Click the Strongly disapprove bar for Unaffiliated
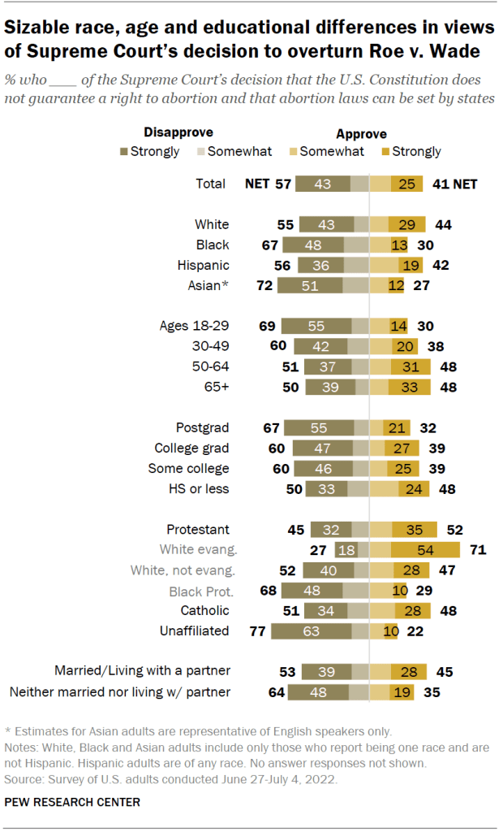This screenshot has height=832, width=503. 312,630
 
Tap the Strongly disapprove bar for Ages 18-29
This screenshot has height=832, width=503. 317,326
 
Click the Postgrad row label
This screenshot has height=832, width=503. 203,427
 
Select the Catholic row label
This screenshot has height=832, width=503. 204,610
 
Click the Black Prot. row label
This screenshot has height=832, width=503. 200,590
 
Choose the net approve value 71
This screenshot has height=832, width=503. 477,549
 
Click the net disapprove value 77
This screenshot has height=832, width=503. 257,630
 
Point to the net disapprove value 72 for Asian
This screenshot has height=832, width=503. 264,285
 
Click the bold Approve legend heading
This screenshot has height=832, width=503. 361,134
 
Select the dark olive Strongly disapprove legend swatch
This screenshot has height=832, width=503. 124,151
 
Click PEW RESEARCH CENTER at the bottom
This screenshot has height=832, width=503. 71,802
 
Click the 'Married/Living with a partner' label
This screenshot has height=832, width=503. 142,671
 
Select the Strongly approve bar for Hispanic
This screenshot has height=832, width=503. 411,265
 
